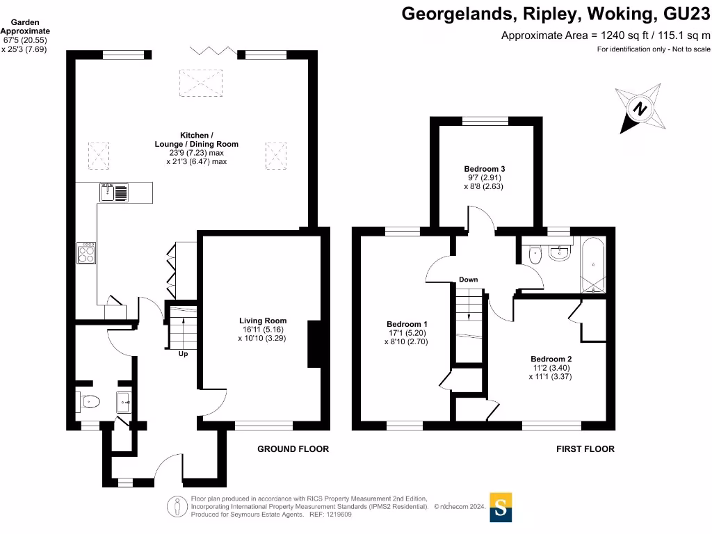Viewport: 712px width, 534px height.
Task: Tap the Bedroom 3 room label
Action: point(484,169)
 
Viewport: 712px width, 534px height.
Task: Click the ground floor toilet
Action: point(90,401)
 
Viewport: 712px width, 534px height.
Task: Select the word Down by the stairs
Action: point(468,280)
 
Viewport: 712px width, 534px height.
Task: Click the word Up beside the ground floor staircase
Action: point(182,354)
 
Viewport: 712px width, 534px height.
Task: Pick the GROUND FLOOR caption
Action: point(293,449)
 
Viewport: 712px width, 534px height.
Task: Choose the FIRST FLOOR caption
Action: point(585,449)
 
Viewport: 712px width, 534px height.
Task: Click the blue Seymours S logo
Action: point(500,507)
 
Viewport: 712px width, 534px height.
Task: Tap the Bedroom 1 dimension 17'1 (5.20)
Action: point(407,333)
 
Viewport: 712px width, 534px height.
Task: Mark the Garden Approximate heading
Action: point(25,26)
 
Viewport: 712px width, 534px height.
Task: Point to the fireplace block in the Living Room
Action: point(314,344)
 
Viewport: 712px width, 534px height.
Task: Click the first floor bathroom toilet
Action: point(534,255)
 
